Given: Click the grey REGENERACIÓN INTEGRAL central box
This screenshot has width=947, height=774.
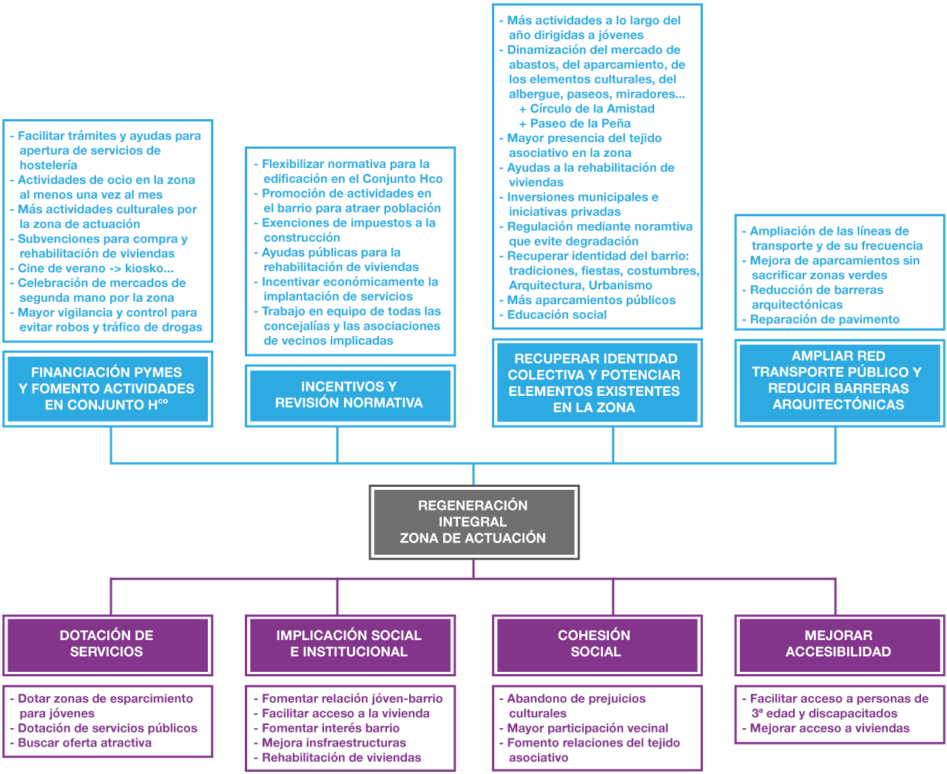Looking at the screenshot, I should click(x=473, y=522).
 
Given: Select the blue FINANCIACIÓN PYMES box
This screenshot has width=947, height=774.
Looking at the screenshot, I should click(x=108, y=388).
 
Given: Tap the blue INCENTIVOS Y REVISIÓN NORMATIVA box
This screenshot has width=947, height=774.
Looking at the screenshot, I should click(x=349, y=395).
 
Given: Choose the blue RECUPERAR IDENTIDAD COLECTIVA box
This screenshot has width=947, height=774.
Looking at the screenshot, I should click(x=596, y=383).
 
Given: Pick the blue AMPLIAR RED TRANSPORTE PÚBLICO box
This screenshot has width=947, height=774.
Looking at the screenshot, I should click(x=839, y=380).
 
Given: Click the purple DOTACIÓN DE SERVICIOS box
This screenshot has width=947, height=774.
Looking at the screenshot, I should click(x=107, y=644).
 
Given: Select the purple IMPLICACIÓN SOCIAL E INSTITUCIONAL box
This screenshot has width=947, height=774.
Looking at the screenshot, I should click(x=349, y=644).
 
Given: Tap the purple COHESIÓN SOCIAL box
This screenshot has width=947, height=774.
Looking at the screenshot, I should click(x=596, y=644).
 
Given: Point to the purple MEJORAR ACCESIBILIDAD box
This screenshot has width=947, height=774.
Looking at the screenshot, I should click(x=839, y=644).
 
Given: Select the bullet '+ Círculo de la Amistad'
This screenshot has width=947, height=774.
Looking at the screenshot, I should click(x=587, y=109).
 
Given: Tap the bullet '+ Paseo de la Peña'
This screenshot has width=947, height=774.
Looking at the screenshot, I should click(x=576, y=124).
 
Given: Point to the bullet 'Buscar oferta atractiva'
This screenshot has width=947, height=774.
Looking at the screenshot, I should click(x=84, y=743).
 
